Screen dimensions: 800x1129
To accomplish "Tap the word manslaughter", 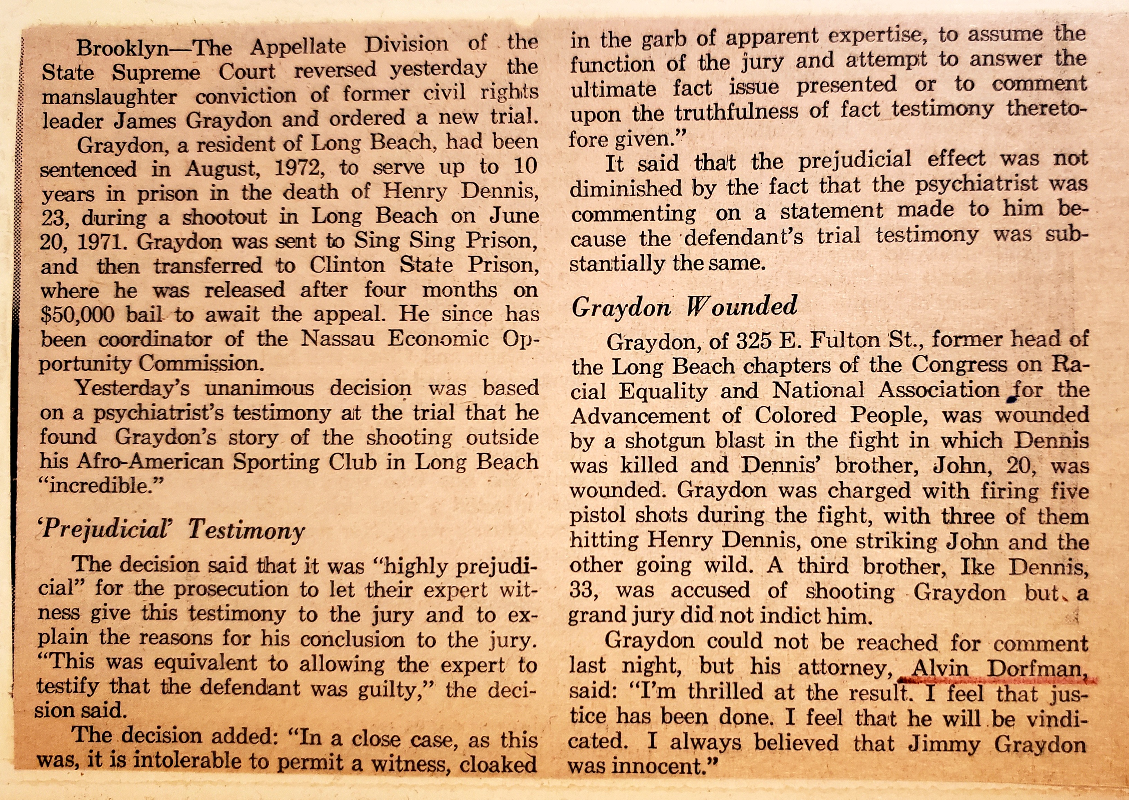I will coord(109,96).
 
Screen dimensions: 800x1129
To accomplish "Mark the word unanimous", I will coord(259,389).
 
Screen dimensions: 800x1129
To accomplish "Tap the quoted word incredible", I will coord(101,487).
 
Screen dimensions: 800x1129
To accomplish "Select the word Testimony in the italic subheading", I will coord(246,531).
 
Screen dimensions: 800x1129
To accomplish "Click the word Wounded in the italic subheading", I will coord(742,306).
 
